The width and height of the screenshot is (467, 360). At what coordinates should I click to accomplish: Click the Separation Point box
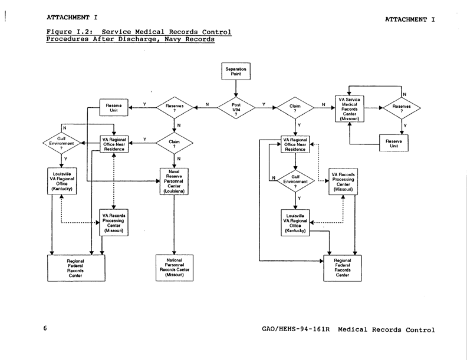coord(236,71)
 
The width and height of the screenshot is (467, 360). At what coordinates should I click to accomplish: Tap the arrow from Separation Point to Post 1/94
coord(236,88)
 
